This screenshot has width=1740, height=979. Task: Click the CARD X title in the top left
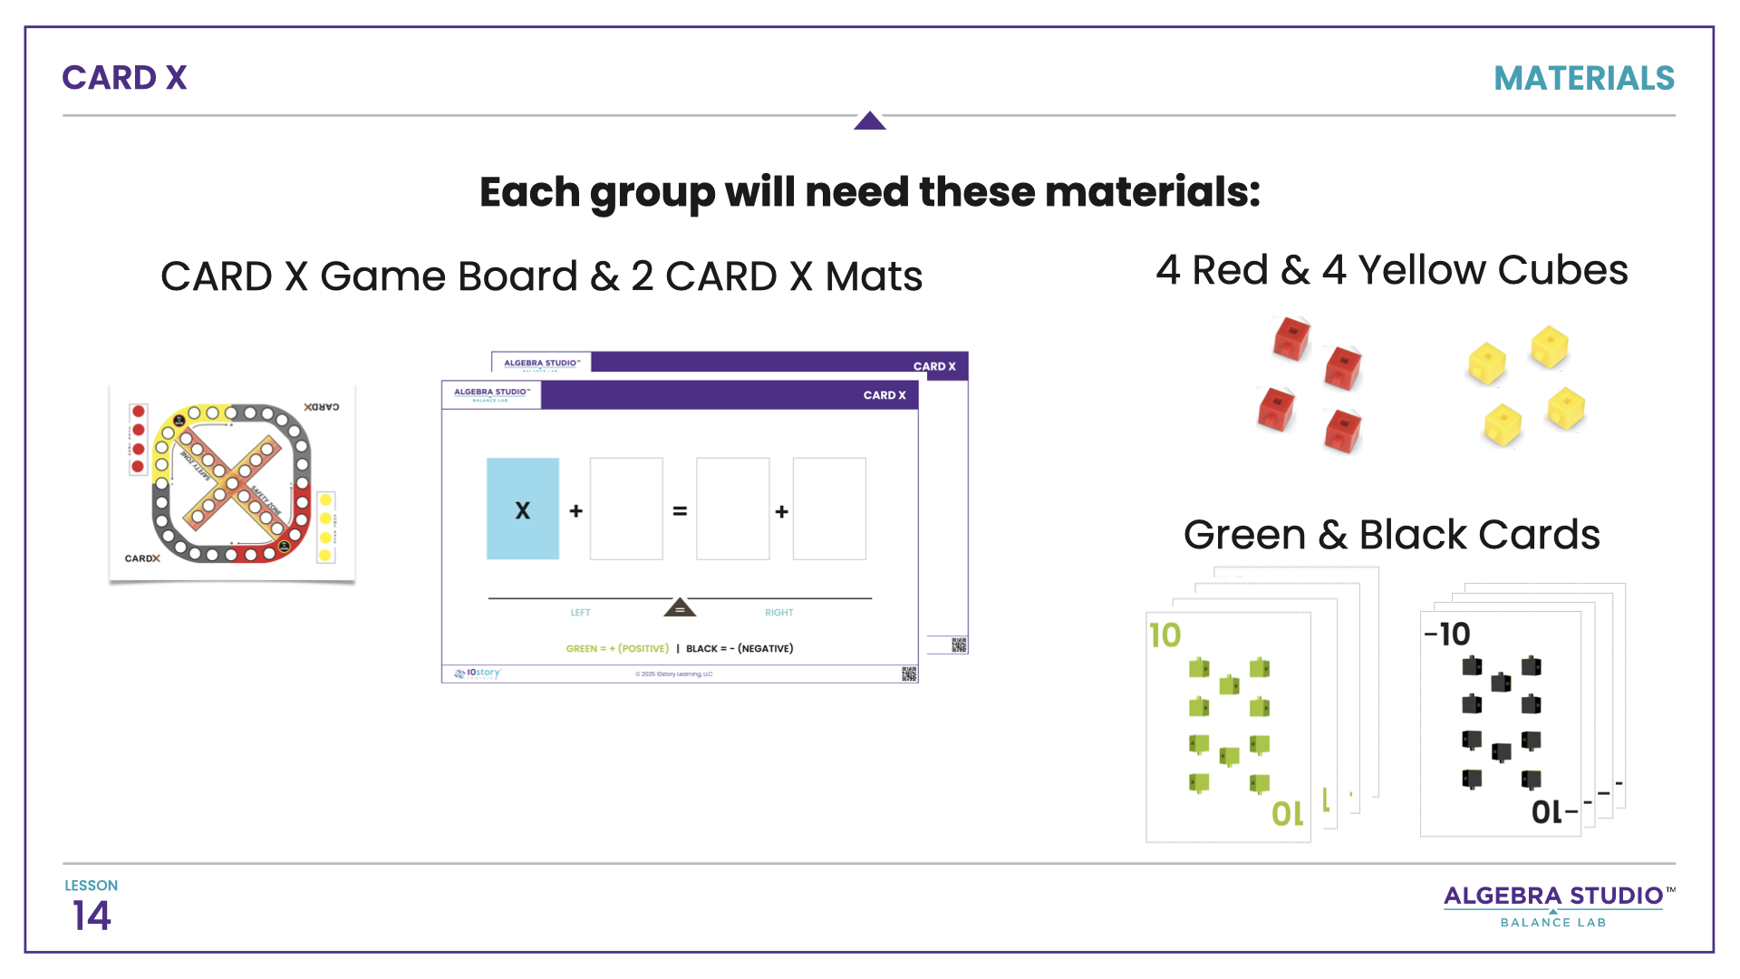point(124,78)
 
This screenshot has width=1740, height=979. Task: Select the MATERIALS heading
point(1583,79)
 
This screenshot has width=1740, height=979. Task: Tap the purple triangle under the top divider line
point(869,121)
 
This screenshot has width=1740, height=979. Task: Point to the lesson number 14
point(92,916)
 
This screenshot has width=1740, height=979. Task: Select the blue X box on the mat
point(523,509)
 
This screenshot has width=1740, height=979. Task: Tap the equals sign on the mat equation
point(680,511)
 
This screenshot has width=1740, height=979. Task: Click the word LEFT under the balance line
point(580,613)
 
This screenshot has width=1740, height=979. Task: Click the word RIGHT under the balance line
point(778,613)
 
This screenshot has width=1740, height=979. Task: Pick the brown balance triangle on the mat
point(680,607)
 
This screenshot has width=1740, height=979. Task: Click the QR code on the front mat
point(909,674)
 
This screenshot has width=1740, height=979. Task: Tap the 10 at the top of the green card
point(1165,635)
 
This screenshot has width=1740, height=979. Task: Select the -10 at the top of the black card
point(1447,635)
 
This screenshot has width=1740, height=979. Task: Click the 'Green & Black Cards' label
point(1391,535)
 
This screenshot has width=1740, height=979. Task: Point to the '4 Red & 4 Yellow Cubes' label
point(1391,270)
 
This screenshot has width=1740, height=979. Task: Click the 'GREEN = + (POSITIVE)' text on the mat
point(617,649)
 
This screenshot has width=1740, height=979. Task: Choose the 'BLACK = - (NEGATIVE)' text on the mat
point(739,649)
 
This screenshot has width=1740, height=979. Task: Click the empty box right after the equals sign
point(732,509)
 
